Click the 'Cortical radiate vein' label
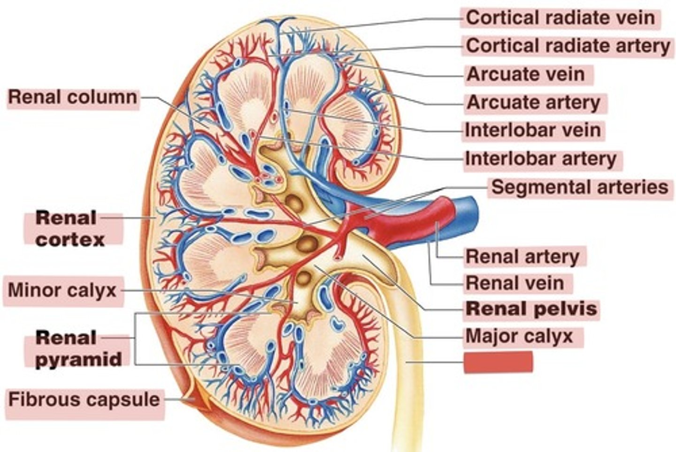560,18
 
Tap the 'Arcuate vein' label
526,74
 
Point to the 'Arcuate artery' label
534,103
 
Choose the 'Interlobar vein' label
533,130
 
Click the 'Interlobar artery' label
540,159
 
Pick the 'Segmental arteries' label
579,187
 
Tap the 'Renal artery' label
522,256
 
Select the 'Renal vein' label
515,283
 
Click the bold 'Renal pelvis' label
531,309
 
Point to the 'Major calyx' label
519,336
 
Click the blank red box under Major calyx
498,362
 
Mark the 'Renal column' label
73,98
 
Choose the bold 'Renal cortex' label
70,229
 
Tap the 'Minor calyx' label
62,290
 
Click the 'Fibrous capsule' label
84,399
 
